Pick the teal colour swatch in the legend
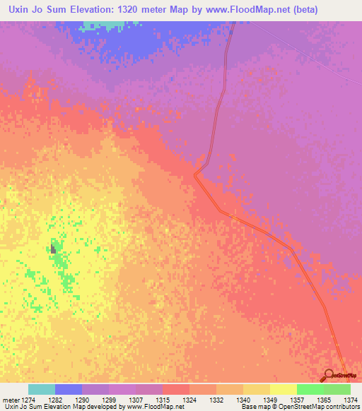(x=42, y=389)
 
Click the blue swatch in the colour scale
(x=69, y=389)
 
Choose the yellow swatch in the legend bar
(x=284, y=389)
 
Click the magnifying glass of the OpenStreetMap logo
(x=328, y=374)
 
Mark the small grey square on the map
(x=53, y=248)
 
